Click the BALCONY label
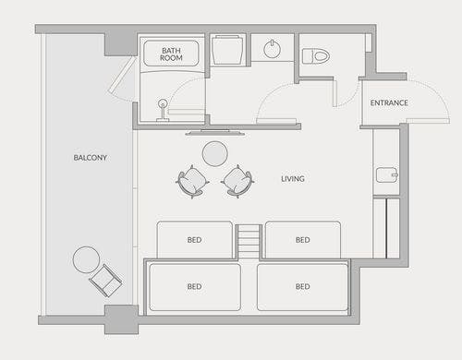pyautogui.click(x=90, y=158)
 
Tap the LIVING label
pyautogui.click(x=293, y=179)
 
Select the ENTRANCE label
pyautogui.click(x=389, y=102)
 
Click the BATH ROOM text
pyautogui.click(x=171, y=54)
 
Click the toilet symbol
pyautogui.click(x=316, y=56)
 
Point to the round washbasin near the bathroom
pyautogui.click(x=272, y=49)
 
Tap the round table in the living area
pyautogui.click(x=215, y=153)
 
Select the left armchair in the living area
pyautogui.click(x=192, y=182)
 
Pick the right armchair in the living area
pyautogui.click(x=237, y=182)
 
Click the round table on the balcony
pyautogui.click(x=86, y=259)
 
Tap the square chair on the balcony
pyautogui.click(x=105, y=281)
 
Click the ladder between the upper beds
pyautogui.click(x=249, y=241)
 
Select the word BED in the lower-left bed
pyautogui.click(x=194, y=286)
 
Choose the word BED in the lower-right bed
pyautogui.click(x=302, y=286)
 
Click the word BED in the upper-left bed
pyautogui.click(x=194, y=240)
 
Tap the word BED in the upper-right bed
pyautogui.click(x=302, y=240)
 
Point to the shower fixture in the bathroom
pyautogui.click(x=163, y=110)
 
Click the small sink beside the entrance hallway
pyautogui.click(x=387, y=174)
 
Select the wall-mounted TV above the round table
pyautogui.click(x=215, y=133)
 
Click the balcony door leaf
pyautogui.click(x=122, y=75)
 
